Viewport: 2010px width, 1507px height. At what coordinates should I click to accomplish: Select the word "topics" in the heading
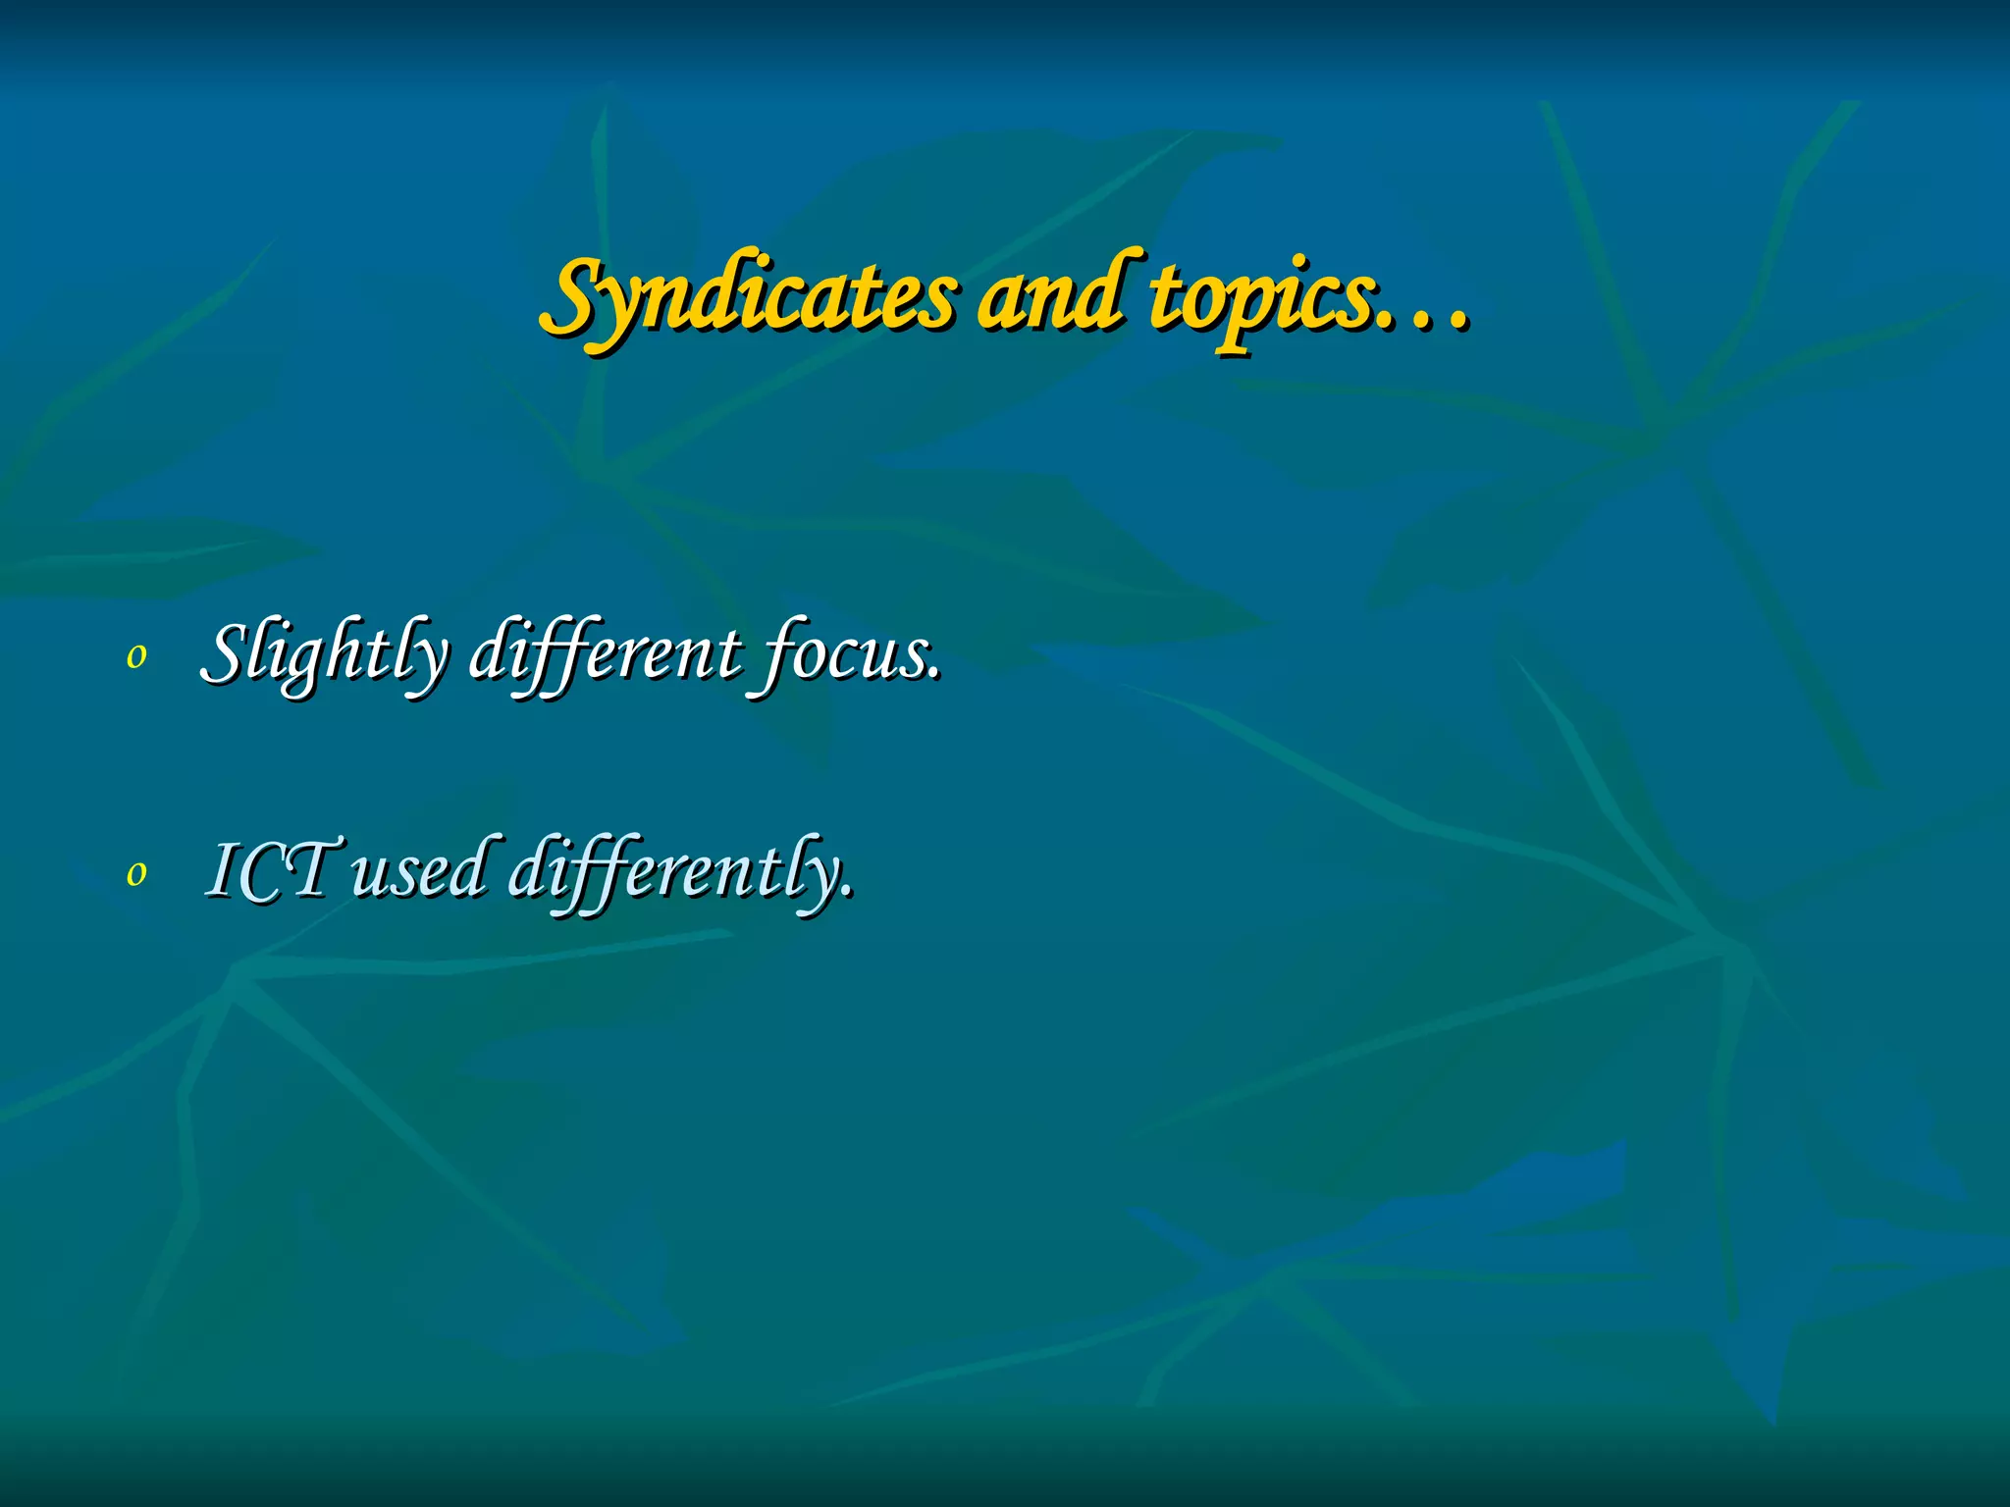point(1260,298)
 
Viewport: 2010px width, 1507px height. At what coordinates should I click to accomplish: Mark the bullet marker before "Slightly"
point(136,657)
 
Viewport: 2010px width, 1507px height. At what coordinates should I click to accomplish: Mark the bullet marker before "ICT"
point(136,873)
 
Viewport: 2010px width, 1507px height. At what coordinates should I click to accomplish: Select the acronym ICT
point(271,870)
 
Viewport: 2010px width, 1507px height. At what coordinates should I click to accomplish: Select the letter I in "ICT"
point(222,870)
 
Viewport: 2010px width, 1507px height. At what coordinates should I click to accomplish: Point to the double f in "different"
point(545,654)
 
